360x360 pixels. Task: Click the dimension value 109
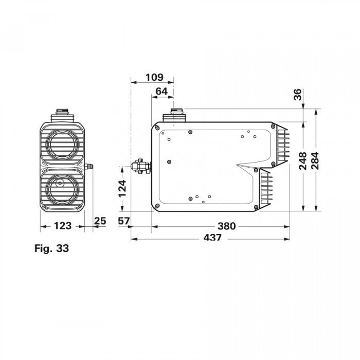click(154, 78)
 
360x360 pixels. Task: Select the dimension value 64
click(161, 91)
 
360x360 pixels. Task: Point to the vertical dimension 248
click(303, 161)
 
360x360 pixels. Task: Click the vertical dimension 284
click(315, 161)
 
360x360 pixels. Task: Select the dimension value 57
click(123, 222)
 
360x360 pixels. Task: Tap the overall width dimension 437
click(212, 238)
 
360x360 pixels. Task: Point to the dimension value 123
click(62, 226)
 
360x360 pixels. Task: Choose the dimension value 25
click(100, 221)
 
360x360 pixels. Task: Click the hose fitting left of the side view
click(140, 167)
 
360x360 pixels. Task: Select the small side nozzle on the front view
click(88, 167)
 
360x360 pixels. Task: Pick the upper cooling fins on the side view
click(282, 143)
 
